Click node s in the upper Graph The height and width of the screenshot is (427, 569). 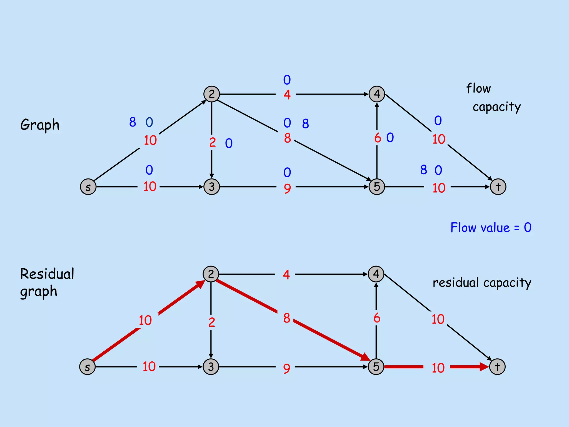pyautogui.click(x=88, y=187)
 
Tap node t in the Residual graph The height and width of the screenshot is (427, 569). pyautogui.click(x=497, y=367)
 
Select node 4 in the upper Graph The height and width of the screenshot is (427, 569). pyautogui.click(x=377, y=94)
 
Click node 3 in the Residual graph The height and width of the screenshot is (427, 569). pyautogui.click(x=211, y=367)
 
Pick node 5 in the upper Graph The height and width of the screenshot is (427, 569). pyautogui.click(x=377, y=187)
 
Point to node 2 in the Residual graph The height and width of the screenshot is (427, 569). pyautogui.click(x=211, y=274)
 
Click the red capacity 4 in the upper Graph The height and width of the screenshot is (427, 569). pyautogui.click(x=287, y=95)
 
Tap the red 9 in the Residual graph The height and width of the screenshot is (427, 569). pyautogui.click(x=286, y=369)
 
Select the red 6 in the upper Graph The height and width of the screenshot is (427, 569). pyautogui.click(x=378, y=138)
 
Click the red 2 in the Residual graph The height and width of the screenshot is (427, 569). pyautogui.click(x=212, y=322)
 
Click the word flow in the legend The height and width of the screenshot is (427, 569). pyautogui.click(x=478, y=88)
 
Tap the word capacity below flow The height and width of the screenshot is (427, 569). pyautogui.click(x=496, y=107)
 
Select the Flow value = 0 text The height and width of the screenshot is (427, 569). pyautogui.click(x=491, y=228)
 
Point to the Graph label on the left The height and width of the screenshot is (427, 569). pyautogui.click(x=40, y=125)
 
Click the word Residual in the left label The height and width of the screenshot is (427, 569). pyautogui.click(x=47, y=274)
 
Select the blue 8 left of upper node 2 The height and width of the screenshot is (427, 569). pyautogui.click(x=133, y=122)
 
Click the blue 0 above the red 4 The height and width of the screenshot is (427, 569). pyautogui.click(x=287, y=80)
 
